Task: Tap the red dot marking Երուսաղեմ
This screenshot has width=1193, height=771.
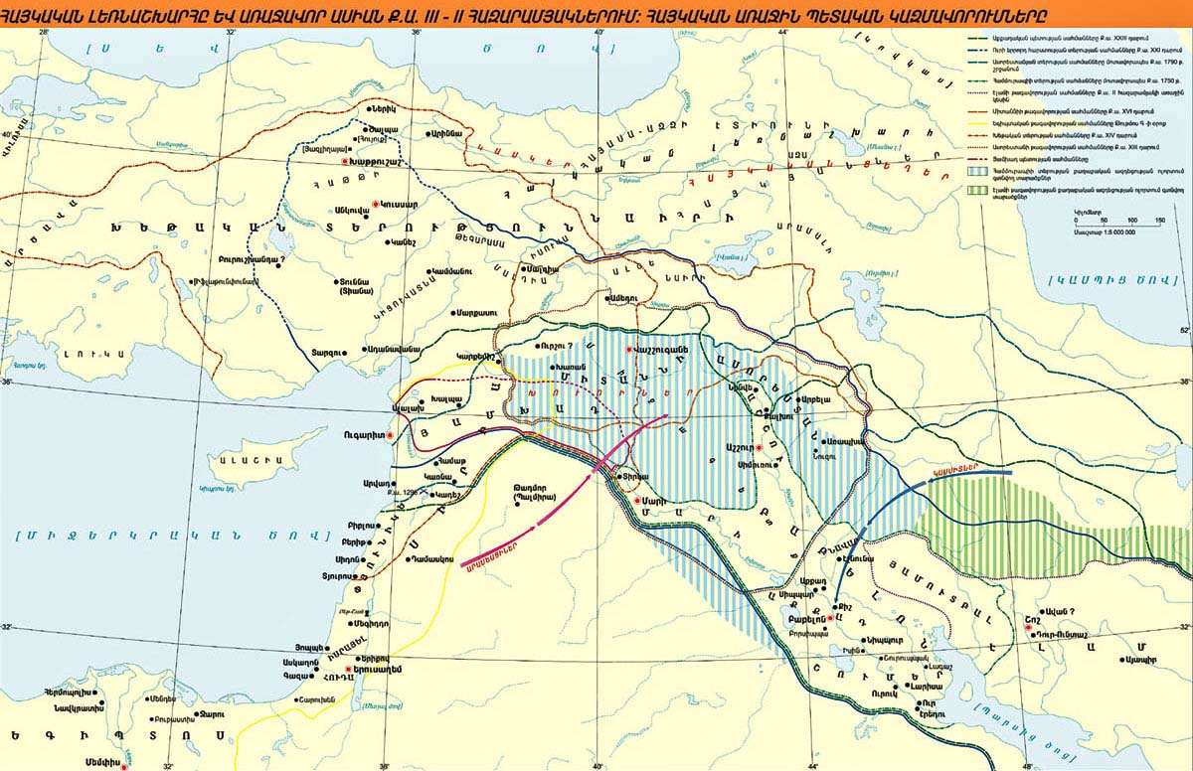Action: (349, 671)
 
